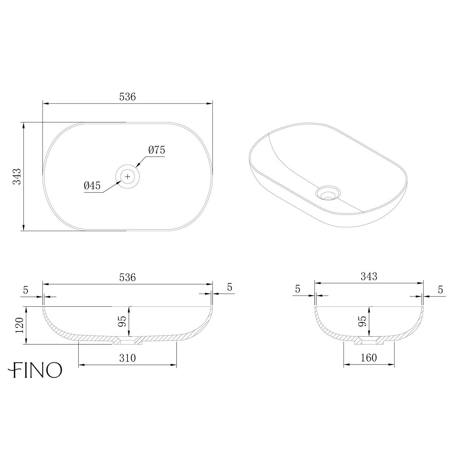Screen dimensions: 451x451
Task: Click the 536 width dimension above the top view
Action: click(127, 97)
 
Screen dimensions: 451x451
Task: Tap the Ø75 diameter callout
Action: click(157, 150)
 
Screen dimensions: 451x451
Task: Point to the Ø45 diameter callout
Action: click(92, 185)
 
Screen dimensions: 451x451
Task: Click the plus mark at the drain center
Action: click(128, 176)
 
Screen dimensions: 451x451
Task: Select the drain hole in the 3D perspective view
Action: click(328, 194)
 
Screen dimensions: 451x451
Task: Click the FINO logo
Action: click(36, 370)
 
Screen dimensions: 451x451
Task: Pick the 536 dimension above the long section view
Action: click(127, 277)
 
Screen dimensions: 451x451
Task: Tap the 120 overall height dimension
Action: click(19, 325)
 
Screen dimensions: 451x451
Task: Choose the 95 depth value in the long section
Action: click(122, 321)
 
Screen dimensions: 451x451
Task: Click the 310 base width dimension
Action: click(127, 358)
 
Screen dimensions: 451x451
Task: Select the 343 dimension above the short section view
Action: click(369, 277)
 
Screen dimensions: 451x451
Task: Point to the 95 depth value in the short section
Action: click(362, 321)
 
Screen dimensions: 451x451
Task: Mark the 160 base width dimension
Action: click(369, 358)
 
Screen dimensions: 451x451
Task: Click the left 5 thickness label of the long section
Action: click(26, 290)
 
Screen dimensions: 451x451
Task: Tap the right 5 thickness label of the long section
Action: click(230, 287)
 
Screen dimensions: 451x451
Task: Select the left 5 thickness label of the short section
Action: click(298, 289)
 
